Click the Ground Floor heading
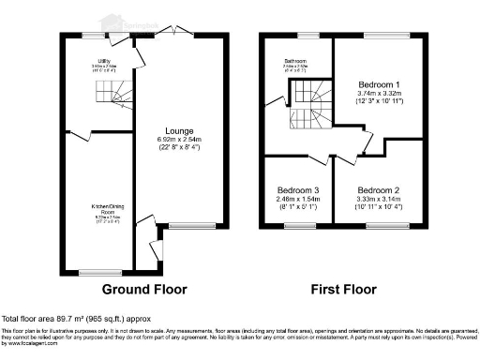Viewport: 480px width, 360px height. coord(144,289)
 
